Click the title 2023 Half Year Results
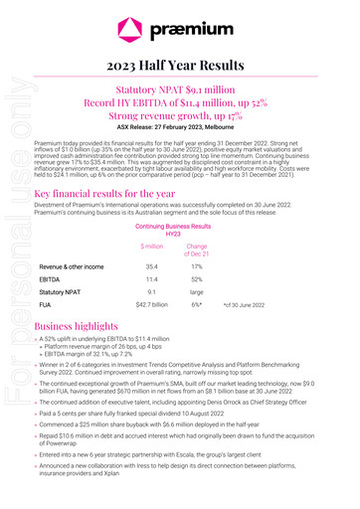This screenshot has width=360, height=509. pos(180,64)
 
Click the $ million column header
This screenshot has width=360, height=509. pos(152,246)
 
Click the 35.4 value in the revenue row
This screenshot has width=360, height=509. pos(152,267)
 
